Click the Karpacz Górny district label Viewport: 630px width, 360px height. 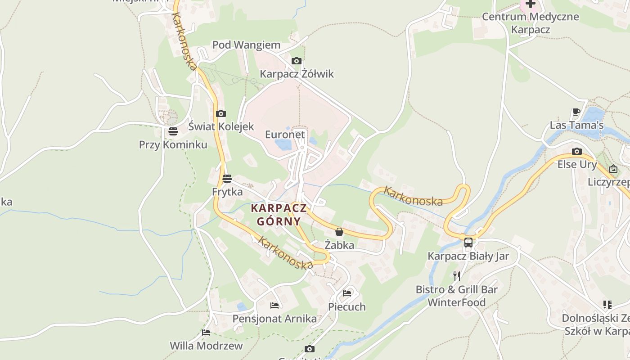279,215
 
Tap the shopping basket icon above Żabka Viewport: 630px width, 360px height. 339,232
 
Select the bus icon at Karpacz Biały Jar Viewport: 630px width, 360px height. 468,242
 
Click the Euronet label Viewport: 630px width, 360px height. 285,135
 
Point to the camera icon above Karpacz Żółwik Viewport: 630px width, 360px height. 297,61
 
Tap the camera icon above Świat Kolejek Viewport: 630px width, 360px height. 220,113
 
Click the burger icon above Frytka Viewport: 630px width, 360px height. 227,179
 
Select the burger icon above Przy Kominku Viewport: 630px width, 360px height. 173,131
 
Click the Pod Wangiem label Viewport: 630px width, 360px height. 246,45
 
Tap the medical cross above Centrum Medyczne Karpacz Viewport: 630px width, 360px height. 531,4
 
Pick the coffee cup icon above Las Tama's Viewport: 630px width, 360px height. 576,112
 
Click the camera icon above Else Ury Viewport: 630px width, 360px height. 577,151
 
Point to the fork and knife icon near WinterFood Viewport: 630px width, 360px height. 457,276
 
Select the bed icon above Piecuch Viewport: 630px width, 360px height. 346,293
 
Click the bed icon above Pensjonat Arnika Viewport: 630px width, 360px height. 274,306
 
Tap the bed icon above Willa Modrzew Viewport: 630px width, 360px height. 206,333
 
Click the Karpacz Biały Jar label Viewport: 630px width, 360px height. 468,256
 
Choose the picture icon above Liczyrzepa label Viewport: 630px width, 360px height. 613,169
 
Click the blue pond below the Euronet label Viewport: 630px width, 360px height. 283,144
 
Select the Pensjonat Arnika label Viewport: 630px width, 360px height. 274,319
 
